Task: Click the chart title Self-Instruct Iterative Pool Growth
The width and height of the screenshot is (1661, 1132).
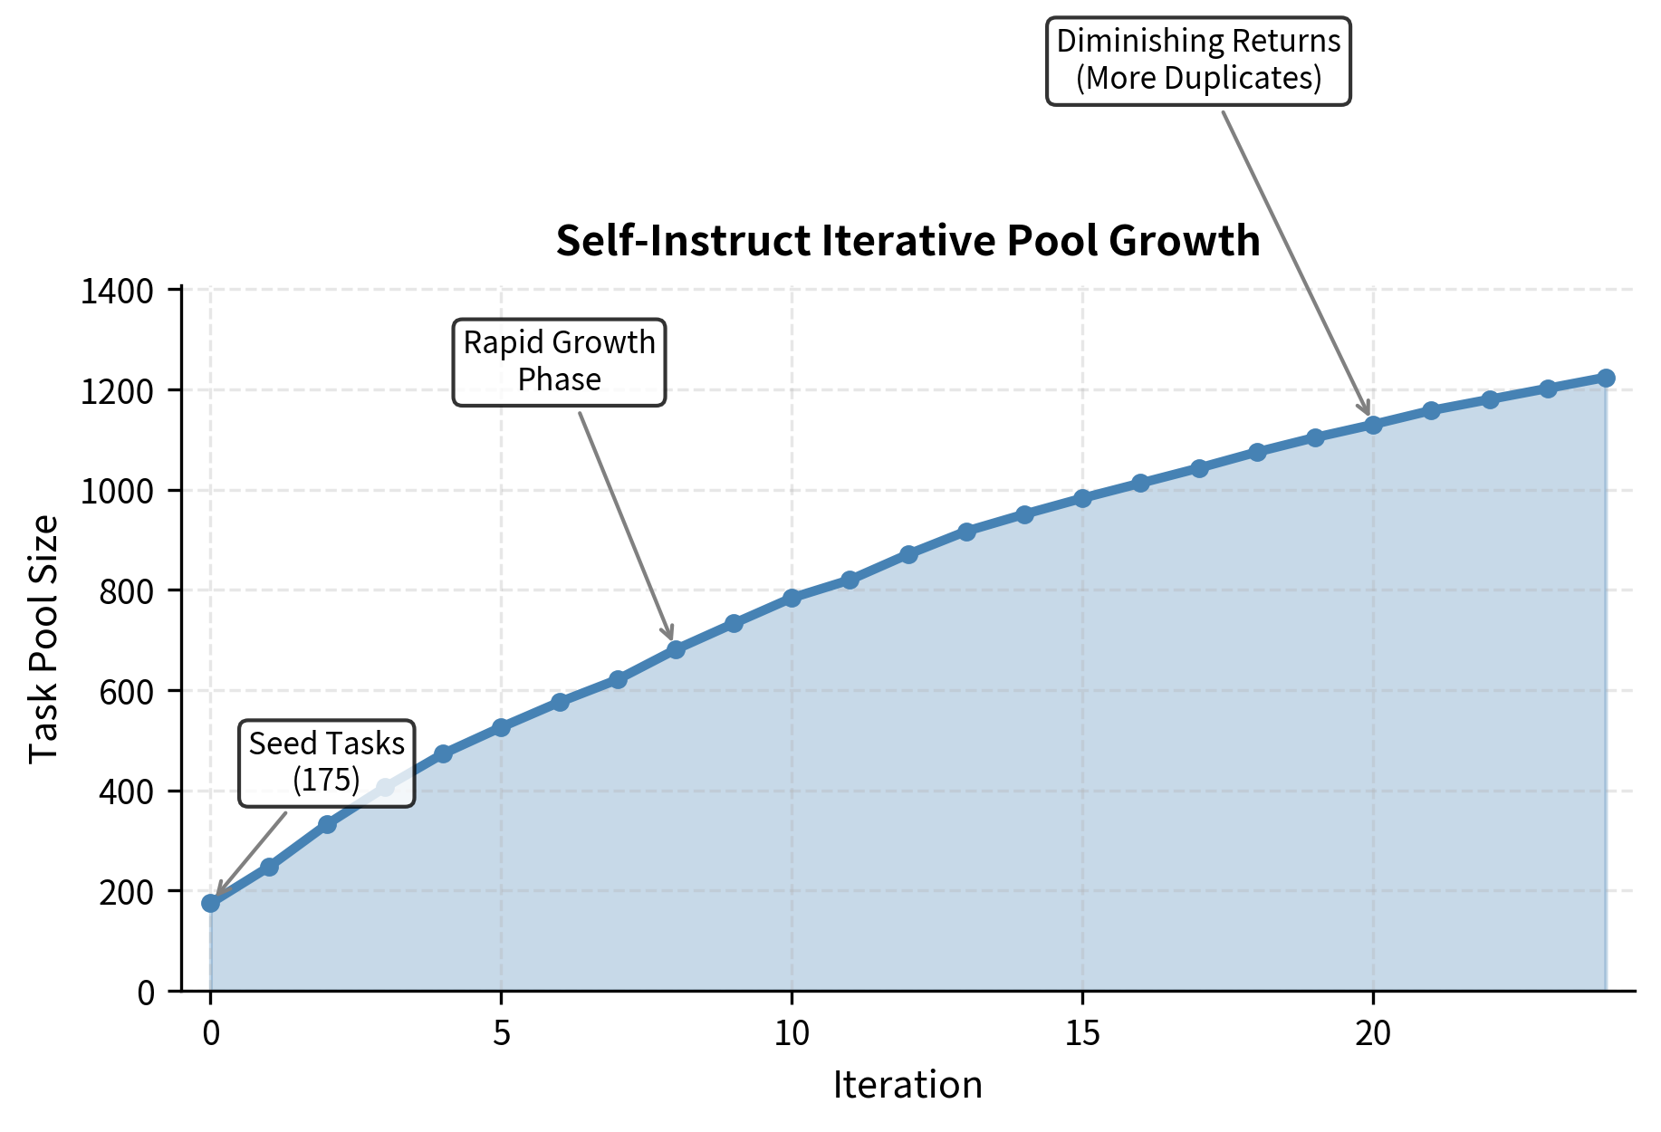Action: tap(907, 241)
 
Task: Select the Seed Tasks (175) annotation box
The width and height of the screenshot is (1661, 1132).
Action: tap(327, 763)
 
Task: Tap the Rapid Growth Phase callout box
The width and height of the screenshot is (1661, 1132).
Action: tap(560, 361)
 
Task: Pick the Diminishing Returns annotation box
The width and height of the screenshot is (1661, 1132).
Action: tap(1198, 61)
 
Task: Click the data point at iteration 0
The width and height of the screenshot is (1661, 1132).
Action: tap(211, 903)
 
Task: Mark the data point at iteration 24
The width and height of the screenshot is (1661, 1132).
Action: tap(1606, 378)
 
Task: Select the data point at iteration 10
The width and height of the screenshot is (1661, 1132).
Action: tap(792, 598)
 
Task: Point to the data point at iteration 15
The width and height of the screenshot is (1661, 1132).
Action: tap(1082, 498)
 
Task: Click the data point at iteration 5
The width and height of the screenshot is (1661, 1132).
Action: tap(501, 727)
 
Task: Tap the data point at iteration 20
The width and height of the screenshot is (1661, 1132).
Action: tap(1373, 425)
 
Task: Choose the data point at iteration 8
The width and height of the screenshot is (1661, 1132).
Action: tap(676, 649)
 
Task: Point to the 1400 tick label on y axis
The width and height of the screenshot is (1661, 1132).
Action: tap(119, 292)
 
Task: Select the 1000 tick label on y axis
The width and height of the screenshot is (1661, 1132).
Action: tap(119, 492)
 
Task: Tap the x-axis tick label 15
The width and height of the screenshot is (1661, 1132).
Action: tap(1082, 1033)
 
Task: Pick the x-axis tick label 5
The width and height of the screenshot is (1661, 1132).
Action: tap(501, 1033)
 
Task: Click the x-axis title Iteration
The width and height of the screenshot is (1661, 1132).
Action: tap(907, 1085)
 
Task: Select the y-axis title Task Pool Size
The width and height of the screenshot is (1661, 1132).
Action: tap(43, 639)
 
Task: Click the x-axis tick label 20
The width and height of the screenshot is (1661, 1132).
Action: tap(1373, 1033)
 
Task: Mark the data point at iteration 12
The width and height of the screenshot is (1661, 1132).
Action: tap(908, 554)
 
